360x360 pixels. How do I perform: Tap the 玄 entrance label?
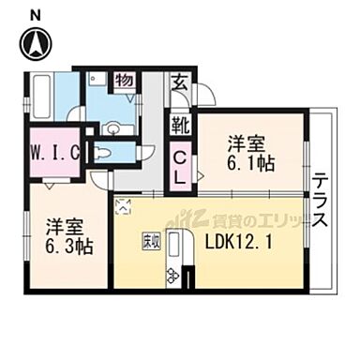178,82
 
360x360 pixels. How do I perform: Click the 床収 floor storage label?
150,240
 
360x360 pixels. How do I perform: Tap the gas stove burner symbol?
172,275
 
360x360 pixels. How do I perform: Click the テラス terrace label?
321,202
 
